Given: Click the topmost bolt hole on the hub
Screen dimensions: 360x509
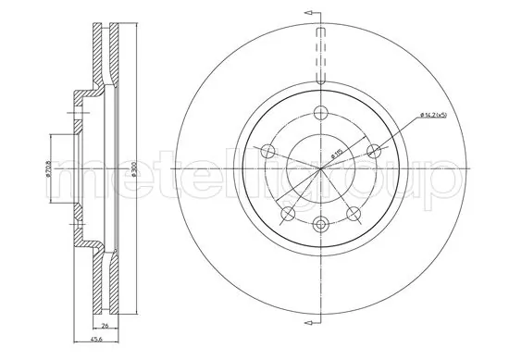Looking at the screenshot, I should pyautogui.click(x=321, y=113).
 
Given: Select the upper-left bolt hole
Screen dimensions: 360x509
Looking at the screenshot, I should pyautogui.click(x=268, y=151).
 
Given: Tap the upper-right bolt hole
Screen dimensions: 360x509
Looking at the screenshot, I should pyautogui.click(x=374, y=151).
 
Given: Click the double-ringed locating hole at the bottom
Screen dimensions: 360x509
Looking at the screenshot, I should pyautogui.click(x=321, y=223).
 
